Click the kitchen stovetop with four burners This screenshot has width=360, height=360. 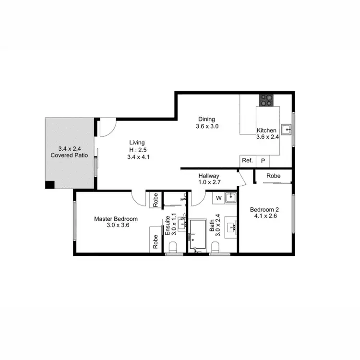coord(267,100)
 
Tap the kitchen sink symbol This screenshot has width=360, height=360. coord(286,129)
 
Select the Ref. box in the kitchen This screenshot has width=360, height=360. coord(247,161)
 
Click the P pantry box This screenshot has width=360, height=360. coord(263,161)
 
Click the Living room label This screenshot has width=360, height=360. coord(137,143)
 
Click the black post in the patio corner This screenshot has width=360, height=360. coord(49,185)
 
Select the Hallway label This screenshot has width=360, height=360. coord(209,176)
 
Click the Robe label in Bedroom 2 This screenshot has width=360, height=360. coord(274,176)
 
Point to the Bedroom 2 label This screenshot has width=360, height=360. coord(264,209)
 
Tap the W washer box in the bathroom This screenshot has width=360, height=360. coord(218,197)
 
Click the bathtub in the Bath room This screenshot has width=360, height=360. coord(197,234)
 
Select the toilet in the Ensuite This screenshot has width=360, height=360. coord(173,247)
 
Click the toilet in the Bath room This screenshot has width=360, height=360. coord(216,247)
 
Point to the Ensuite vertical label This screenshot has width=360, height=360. coord(168,225)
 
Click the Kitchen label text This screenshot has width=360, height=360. coord(266,131)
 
